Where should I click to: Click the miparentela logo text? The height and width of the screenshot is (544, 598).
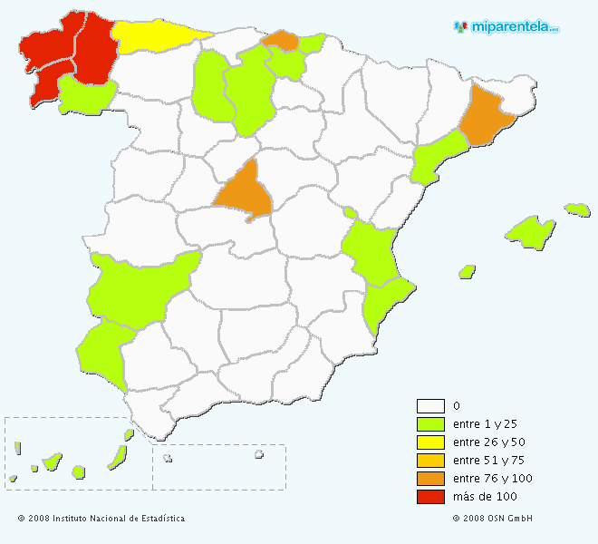(515, 27)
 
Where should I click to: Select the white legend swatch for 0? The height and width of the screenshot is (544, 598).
(430, 406)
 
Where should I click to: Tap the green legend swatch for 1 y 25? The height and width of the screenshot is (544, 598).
(430, 424)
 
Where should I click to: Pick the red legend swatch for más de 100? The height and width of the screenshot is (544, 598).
(430, 497)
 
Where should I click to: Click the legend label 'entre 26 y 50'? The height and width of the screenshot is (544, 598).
(488, 442)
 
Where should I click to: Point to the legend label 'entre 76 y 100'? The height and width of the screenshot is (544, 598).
(491, 479)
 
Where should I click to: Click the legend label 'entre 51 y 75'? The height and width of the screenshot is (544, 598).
(488, 461)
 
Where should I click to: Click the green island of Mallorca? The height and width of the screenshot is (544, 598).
(531, 230)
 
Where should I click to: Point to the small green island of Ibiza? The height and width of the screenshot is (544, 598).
(468, 271)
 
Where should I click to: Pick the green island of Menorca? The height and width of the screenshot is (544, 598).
(577, 209)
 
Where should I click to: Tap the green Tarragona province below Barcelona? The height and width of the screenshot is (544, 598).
(439, 155)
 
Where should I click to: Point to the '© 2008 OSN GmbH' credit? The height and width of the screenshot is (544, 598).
(492, 519)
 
